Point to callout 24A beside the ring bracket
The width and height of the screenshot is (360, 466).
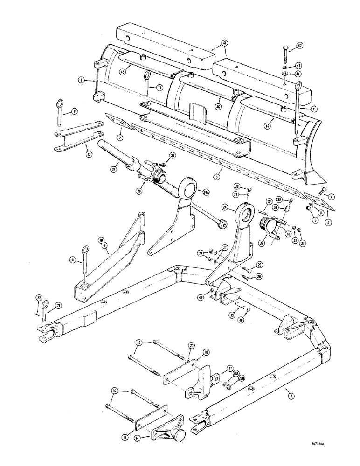205,192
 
